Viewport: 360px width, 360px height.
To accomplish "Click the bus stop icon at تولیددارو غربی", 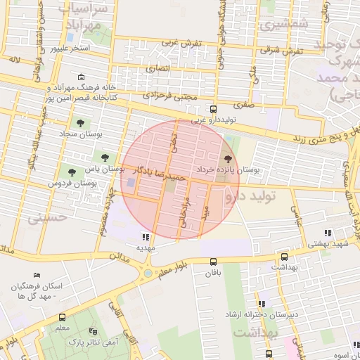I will [214, 109].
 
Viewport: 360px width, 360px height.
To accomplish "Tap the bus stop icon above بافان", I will [212, 262].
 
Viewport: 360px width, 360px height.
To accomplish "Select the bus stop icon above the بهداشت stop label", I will [284, 257].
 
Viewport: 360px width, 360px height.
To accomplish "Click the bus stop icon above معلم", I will [62, 317].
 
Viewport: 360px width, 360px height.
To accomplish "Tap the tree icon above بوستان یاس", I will [104, 157].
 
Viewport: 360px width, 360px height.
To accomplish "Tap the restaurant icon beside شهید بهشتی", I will [327, 233].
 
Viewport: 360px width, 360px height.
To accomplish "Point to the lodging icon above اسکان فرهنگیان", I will [37, 276].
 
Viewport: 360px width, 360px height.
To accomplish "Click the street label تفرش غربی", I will [181, 44].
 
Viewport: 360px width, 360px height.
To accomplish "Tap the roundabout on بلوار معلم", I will [148, 272].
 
